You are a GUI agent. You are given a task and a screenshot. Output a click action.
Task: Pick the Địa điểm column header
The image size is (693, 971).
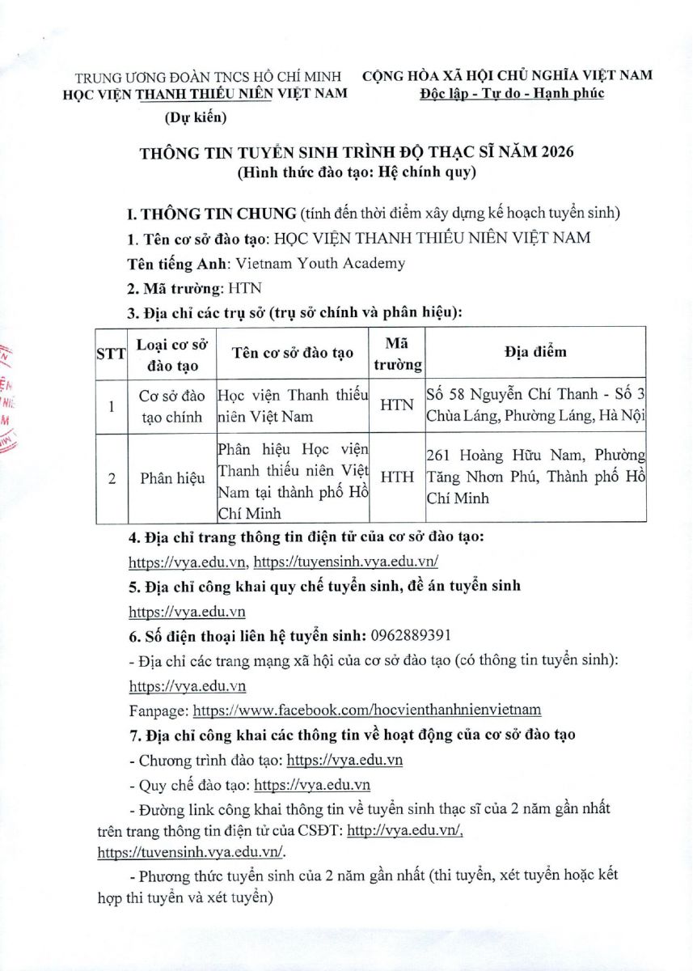(x=535, y=352)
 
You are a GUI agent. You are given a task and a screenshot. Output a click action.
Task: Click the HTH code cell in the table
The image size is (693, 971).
(x=396, y=477)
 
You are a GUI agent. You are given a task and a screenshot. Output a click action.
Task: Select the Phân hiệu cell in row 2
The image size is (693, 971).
(x=167, y=477)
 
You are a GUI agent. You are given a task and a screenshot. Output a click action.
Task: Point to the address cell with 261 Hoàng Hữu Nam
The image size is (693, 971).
(x=535, y=477)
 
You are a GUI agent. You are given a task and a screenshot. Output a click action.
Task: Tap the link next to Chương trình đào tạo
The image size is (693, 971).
(x=345, y=761)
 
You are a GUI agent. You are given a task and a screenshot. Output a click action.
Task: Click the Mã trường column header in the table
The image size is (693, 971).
(x=396, y=353)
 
